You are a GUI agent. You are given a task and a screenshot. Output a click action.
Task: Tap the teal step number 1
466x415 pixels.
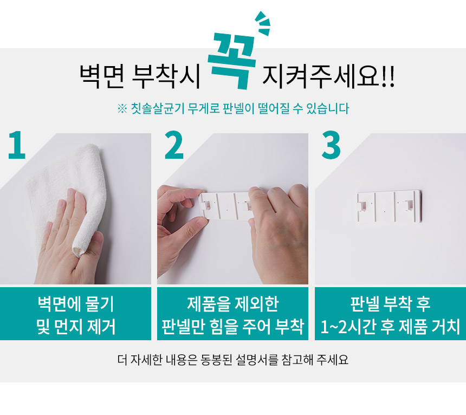tap(17, 145)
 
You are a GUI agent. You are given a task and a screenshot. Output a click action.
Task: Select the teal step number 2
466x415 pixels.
tap(174, 145)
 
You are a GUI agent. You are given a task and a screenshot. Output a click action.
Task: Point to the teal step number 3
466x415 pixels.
tap(331, 145)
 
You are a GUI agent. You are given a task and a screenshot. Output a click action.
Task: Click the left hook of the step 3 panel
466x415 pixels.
tap(363, 205)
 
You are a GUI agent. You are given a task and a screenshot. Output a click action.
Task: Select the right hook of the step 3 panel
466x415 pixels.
tap(407, 204)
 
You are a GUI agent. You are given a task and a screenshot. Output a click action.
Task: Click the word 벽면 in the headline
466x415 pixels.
tap(102, 76)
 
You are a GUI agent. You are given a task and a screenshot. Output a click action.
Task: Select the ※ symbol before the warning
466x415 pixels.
tap(122, 109)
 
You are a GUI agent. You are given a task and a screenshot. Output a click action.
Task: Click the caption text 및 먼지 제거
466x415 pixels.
tap(76, 327)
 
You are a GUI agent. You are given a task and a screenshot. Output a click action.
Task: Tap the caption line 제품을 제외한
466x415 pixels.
tap(232, 304)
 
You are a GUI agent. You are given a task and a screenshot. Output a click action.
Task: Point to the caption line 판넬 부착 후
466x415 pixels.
tap(390, 304)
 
